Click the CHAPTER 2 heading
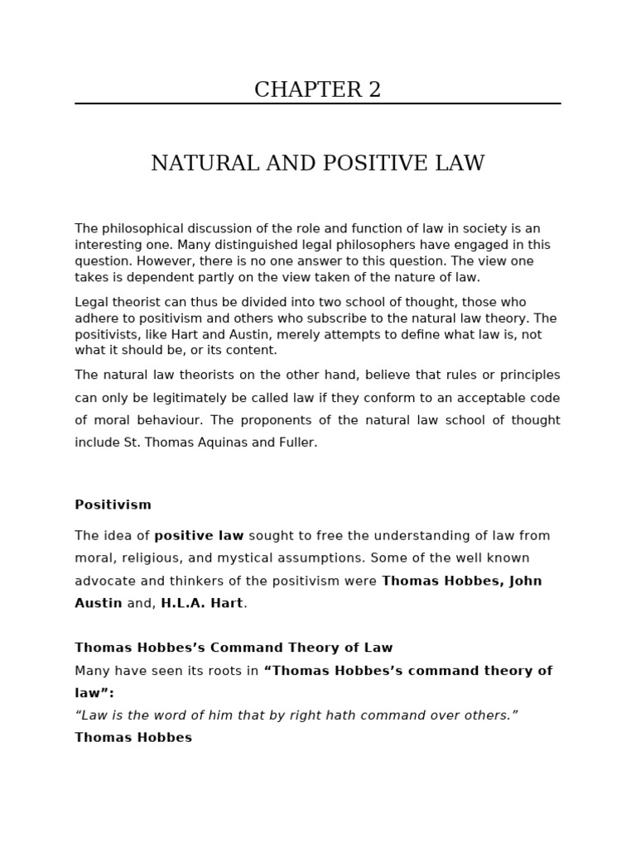tap(317, 90)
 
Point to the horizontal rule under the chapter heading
tap(317, 104)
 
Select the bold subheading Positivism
tap(113, 505)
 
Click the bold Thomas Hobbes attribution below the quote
tap(133, 738)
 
